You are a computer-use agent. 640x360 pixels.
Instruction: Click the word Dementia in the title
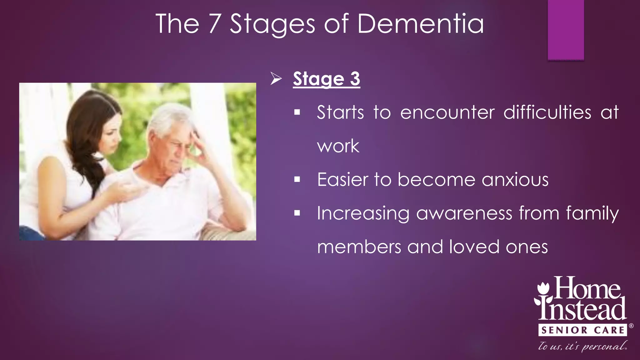pyautogui.click(x=420, y=24)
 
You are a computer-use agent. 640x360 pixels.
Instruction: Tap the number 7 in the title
pyautogui.click(x=215, y=24)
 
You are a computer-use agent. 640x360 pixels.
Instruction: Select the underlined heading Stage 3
pyautogui.click(x=327, y=79)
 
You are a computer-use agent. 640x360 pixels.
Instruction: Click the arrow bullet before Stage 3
pyautogui.click(x=276, y=78)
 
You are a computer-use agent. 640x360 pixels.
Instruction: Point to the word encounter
pyautogui.click(x=447, y=112)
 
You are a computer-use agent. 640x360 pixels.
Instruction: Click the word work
pyautogui.click(x=338, y=146)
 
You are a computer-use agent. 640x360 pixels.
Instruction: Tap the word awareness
pyautogui.click(x=464, y=214)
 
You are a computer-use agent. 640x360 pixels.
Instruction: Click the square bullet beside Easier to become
pyautogui.click(x=297, y=180)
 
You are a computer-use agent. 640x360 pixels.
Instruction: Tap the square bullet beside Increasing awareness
pyautogui.click(x=297, y=213)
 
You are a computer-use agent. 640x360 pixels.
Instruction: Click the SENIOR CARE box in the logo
pyautogui.click(x=582, y=330)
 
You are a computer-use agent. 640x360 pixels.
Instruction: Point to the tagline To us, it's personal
pyautogui.click(x=582, y=346)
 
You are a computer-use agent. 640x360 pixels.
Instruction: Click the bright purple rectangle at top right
pyautogui.click(x=566, y=30)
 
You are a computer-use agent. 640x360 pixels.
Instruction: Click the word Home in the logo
pyautogui.click(x=587, y=288)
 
